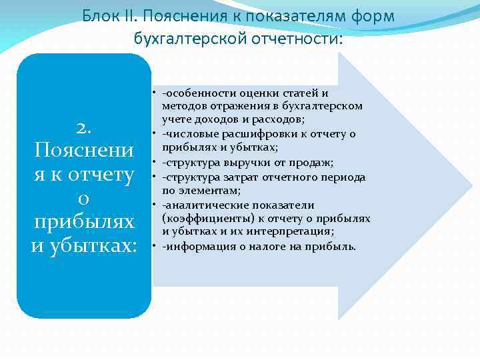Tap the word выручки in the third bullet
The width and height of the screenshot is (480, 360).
(x=234, y=163)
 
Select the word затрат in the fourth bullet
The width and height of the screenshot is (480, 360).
(x=232, y=177)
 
